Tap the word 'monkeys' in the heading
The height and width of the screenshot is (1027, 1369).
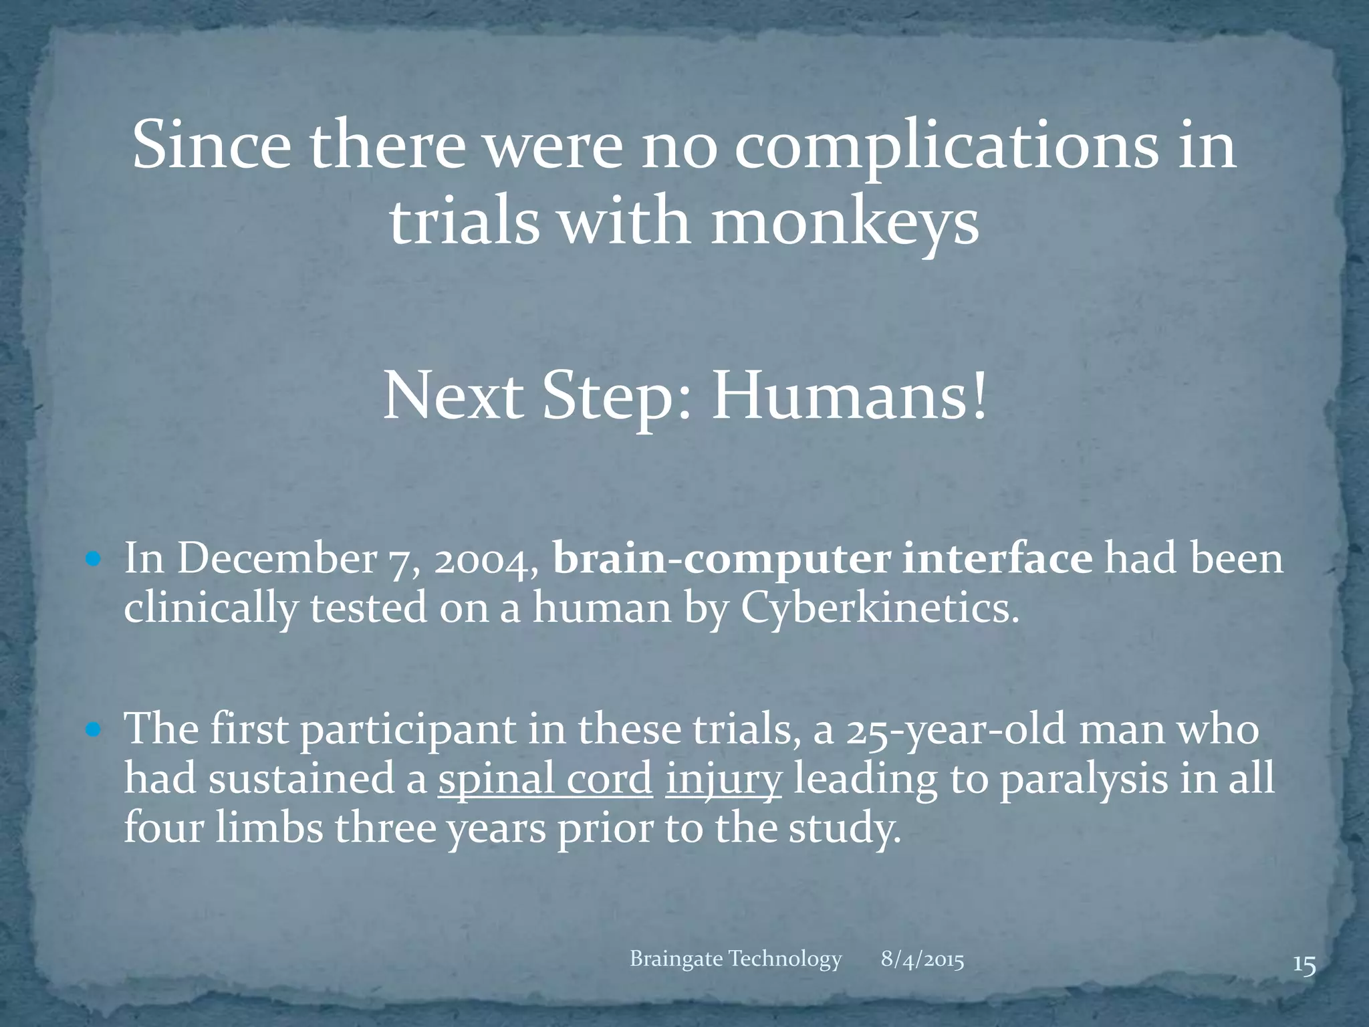tap(844, 223)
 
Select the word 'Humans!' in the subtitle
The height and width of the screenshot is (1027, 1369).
tap(848, 396)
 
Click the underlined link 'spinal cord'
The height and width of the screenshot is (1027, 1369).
tap(545, 779)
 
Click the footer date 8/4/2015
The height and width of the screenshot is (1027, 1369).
tap(922, 960)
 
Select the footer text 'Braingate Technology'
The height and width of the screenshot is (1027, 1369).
tap(735, 959)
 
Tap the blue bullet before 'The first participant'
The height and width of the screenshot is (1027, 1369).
tap(93, 728)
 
